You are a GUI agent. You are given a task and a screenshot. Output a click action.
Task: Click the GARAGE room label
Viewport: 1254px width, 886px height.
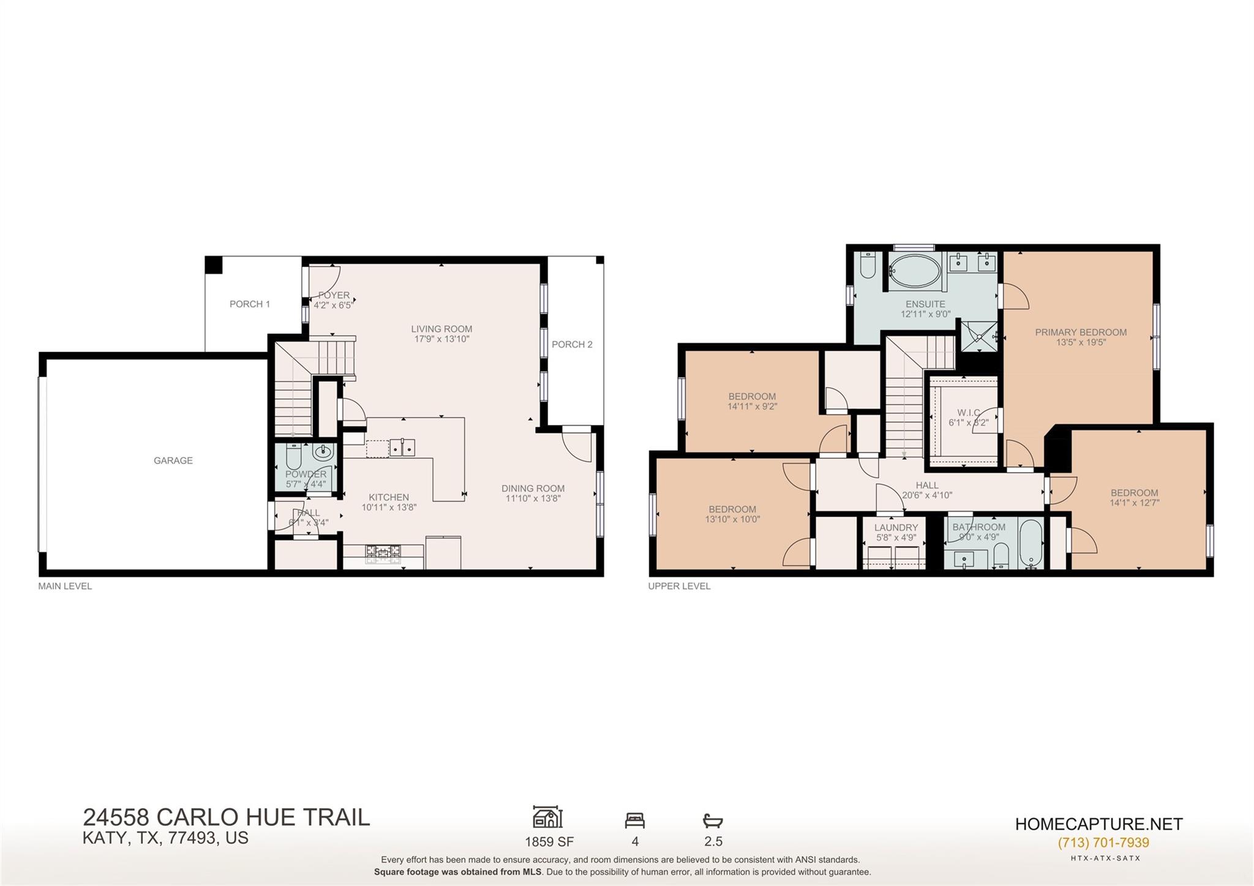(173, 460)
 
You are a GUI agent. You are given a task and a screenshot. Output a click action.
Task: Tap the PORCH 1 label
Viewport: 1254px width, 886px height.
(249, 304)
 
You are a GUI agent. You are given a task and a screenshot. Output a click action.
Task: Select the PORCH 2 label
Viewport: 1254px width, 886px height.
(572, 344)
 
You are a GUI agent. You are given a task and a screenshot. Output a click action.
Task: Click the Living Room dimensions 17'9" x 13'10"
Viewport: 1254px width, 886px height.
(441, 339)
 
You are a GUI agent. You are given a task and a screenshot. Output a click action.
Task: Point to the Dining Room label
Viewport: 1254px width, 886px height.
(533, 488)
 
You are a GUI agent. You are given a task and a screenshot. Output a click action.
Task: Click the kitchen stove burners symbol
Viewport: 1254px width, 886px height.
(383, 555)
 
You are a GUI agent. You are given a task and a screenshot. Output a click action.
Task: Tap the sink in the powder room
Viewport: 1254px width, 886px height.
(323, 453)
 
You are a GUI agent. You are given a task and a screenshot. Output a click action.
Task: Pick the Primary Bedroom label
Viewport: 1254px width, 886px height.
(1081, 332)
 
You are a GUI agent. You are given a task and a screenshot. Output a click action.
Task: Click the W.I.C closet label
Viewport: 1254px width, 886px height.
(968, 413)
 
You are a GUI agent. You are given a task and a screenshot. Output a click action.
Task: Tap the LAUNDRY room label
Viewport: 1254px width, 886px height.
(896, 527)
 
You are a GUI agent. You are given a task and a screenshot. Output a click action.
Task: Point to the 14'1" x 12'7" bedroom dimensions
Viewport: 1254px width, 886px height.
(1135, 503)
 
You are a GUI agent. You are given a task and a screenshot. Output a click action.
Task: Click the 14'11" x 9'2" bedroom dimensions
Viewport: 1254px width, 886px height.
(752, 407)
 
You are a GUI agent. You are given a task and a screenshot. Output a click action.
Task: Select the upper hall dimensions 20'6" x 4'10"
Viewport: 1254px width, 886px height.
(927, 495)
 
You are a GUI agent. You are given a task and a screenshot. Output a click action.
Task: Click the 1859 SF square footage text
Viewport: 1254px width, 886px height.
(549, 842)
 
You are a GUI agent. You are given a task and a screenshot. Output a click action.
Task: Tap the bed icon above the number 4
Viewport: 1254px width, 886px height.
(634, 820)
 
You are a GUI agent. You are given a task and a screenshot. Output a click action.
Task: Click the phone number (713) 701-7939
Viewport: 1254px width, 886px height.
(1103, 843)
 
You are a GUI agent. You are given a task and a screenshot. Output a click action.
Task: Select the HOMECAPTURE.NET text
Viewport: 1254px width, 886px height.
(1098, 824)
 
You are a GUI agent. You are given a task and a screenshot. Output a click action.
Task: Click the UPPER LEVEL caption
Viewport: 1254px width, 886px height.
(679, 586)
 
